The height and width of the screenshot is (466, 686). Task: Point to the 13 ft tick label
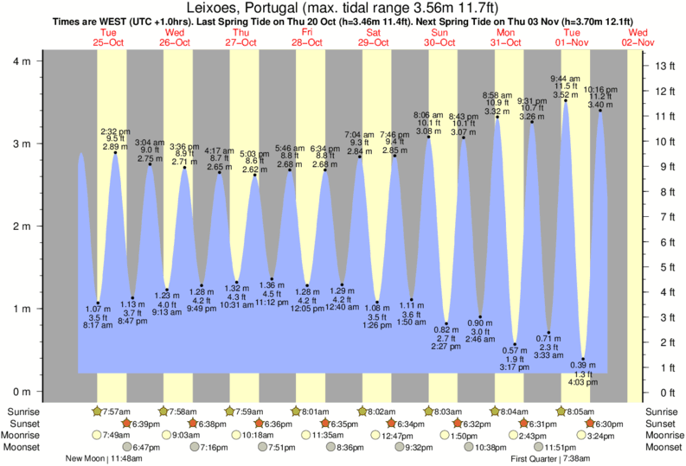click(665, 66)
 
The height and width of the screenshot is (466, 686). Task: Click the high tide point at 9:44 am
click(566, 100)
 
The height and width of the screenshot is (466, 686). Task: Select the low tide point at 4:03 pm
click(583, 359)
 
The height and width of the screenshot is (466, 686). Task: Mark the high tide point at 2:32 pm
click(115, 153)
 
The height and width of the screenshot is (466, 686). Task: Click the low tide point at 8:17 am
click(98, 303)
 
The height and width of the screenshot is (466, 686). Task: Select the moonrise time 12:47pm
click(391, 435)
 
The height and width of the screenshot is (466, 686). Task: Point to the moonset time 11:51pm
click(560, 447)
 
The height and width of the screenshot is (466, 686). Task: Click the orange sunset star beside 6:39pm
click(127, 424)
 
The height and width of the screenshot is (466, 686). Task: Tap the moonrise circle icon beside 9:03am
click(164, 435)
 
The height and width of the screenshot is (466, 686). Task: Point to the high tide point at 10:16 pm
click(600, 111)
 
